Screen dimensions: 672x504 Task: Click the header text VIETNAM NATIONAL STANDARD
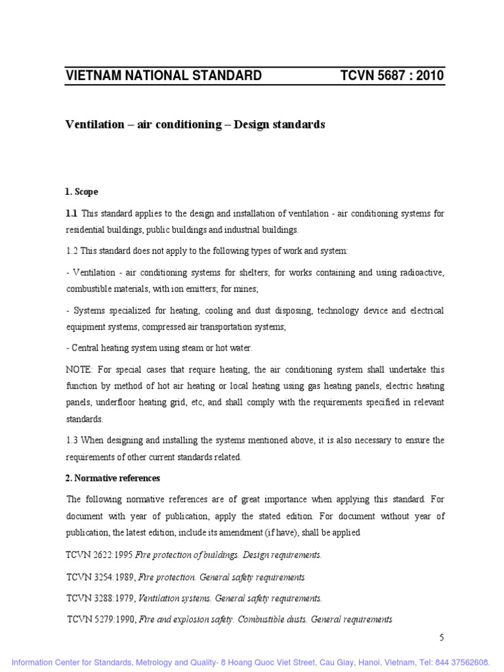pos(163,75)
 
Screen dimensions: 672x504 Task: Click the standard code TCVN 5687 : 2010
pos(392,75)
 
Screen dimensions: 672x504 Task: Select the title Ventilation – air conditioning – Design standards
pos(195,125)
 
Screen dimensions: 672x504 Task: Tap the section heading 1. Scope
pos(82,192)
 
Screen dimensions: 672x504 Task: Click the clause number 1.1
pos(72,213)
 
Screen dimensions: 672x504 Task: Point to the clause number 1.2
pos(73,251)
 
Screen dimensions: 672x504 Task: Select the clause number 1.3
pos(73,440)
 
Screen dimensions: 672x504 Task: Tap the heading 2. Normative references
pos(113,478)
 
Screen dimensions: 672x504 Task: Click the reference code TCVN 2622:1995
pos(99,555)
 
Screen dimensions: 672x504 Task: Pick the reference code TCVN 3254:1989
pos(100,577)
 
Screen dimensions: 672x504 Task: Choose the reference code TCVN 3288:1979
pos(100,598)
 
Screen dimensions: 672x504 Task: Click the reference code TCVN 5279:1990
pos(101,619)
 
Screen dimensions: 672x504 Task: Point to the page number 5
pos(442,637)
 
